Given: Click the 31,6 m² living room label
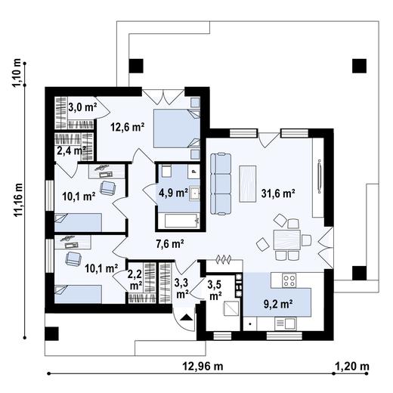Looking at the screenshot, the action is click(x=278, y=193).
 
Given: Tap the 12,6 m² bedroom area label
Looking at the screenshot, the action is click(x=128, y=127).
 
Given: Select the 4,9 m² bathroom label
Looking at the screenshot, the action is click(x=173, y=193).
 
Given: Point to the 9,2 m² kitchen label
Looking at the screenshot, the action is click(x=278, y=304).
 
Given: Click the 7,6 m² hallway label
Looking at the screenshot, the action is click(x=170, y=243).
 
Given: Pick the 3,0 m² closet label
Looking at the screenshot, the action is click(x=82, y=107).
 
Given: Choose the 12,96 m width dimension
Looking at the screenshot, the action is click(x=203, y=367).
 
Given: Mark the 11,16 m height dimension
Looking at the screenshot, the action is click(x=18, y=200).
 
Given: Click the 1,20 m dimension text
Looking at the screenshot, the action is click(x=352, y=367).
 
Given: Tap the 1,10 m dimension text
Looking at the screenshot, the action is click(x=17, y=73).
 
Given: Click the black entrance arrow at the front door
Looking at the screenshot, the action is click(x=187, y=317).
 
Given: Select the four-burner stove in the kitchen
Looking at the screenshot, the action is click(x=289, y=280).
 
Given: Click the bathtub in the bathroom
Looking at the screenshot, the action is click(x=182, y=221).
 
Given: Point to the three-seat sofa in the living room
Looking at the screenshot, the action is click(x=221, y=184).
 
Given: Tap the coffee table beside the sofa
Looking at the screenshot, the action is click(x=248, y=184).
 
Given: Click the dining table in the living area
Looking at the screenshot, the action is click(x=287, y=240).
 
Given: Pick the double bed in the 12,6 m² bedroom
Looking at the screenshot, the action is click(x=177, y=128).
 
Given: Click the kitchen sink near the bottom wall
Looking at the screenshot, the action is click(x=286, y=323).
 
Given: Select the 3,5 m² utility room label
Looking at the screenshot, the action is click(x=215, y=290).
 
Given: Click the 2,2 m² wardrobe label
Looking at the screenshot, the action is click(x=135, y=280).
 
